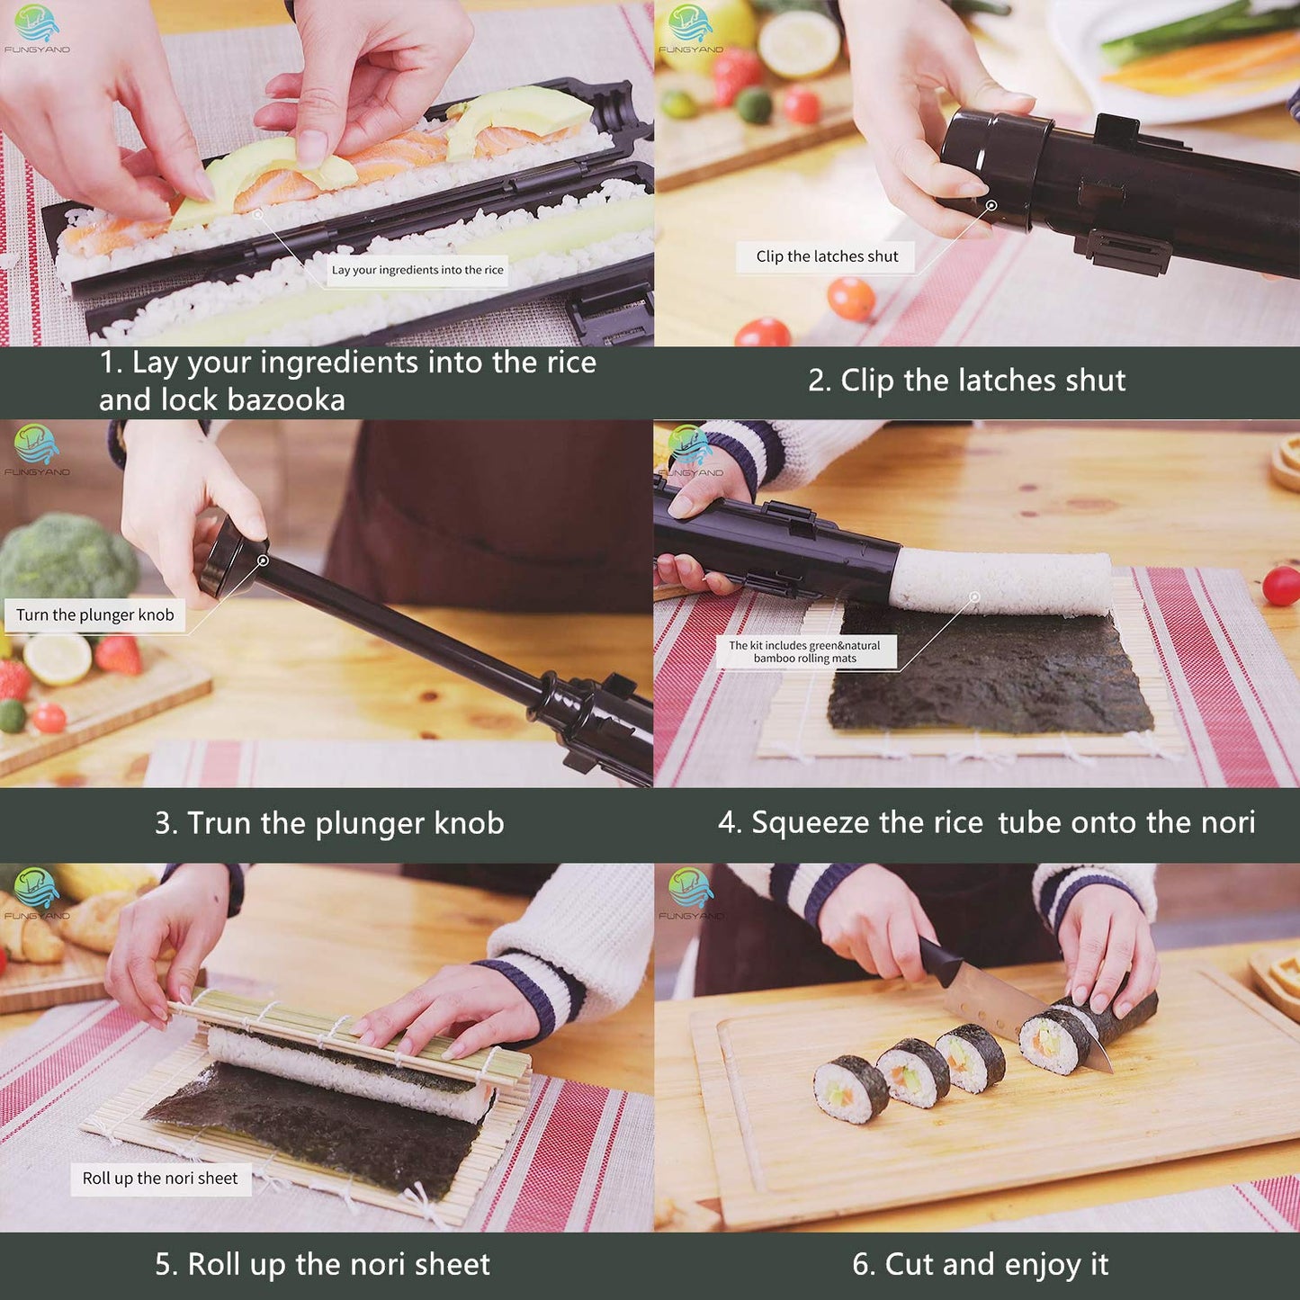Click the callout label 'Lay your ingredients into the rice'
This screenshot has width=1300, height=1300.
417,270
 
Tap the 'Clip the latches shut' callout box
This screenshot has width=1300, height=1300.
826,256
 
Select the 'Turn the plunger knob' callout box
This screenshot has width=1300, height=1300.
94,615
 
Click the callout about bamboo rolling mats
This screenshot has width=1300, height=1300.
805,652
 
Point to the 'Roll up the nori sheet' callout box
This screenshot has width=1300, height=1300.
160,1179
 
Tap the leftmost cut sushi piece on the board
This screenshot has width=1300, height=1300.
850,1089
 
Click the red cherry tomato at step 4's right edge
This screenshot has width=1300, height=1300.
1281,586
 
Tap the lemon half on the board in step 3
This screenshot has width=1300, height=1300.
57,659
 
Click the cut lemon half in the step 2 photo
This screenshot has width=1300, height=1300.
798,43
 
